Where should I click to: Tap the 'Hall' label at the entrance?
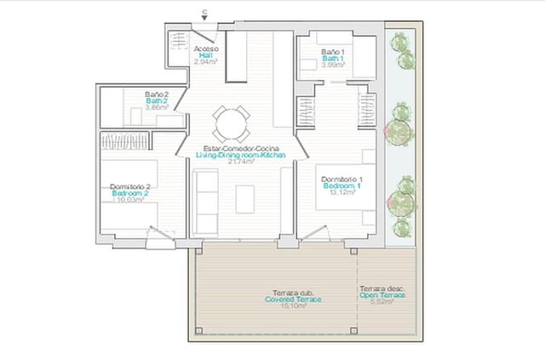[205, 55]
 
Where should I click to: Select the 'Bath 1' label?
[332, 58]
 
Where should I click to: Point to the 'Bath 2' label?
[156, 101]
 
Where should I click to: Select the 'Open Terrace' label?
[381, 294]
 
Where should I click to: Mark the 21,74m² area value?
[238, 163]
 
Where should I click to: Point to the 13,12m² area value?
[341, 191]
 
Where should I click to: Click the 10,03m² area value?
[129, 200]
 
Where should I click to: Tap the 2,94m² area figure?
[205, 62]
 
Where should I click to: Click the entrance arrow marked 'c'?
[204, 15]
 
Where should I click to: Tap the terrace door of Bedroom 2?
[158, 237]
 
